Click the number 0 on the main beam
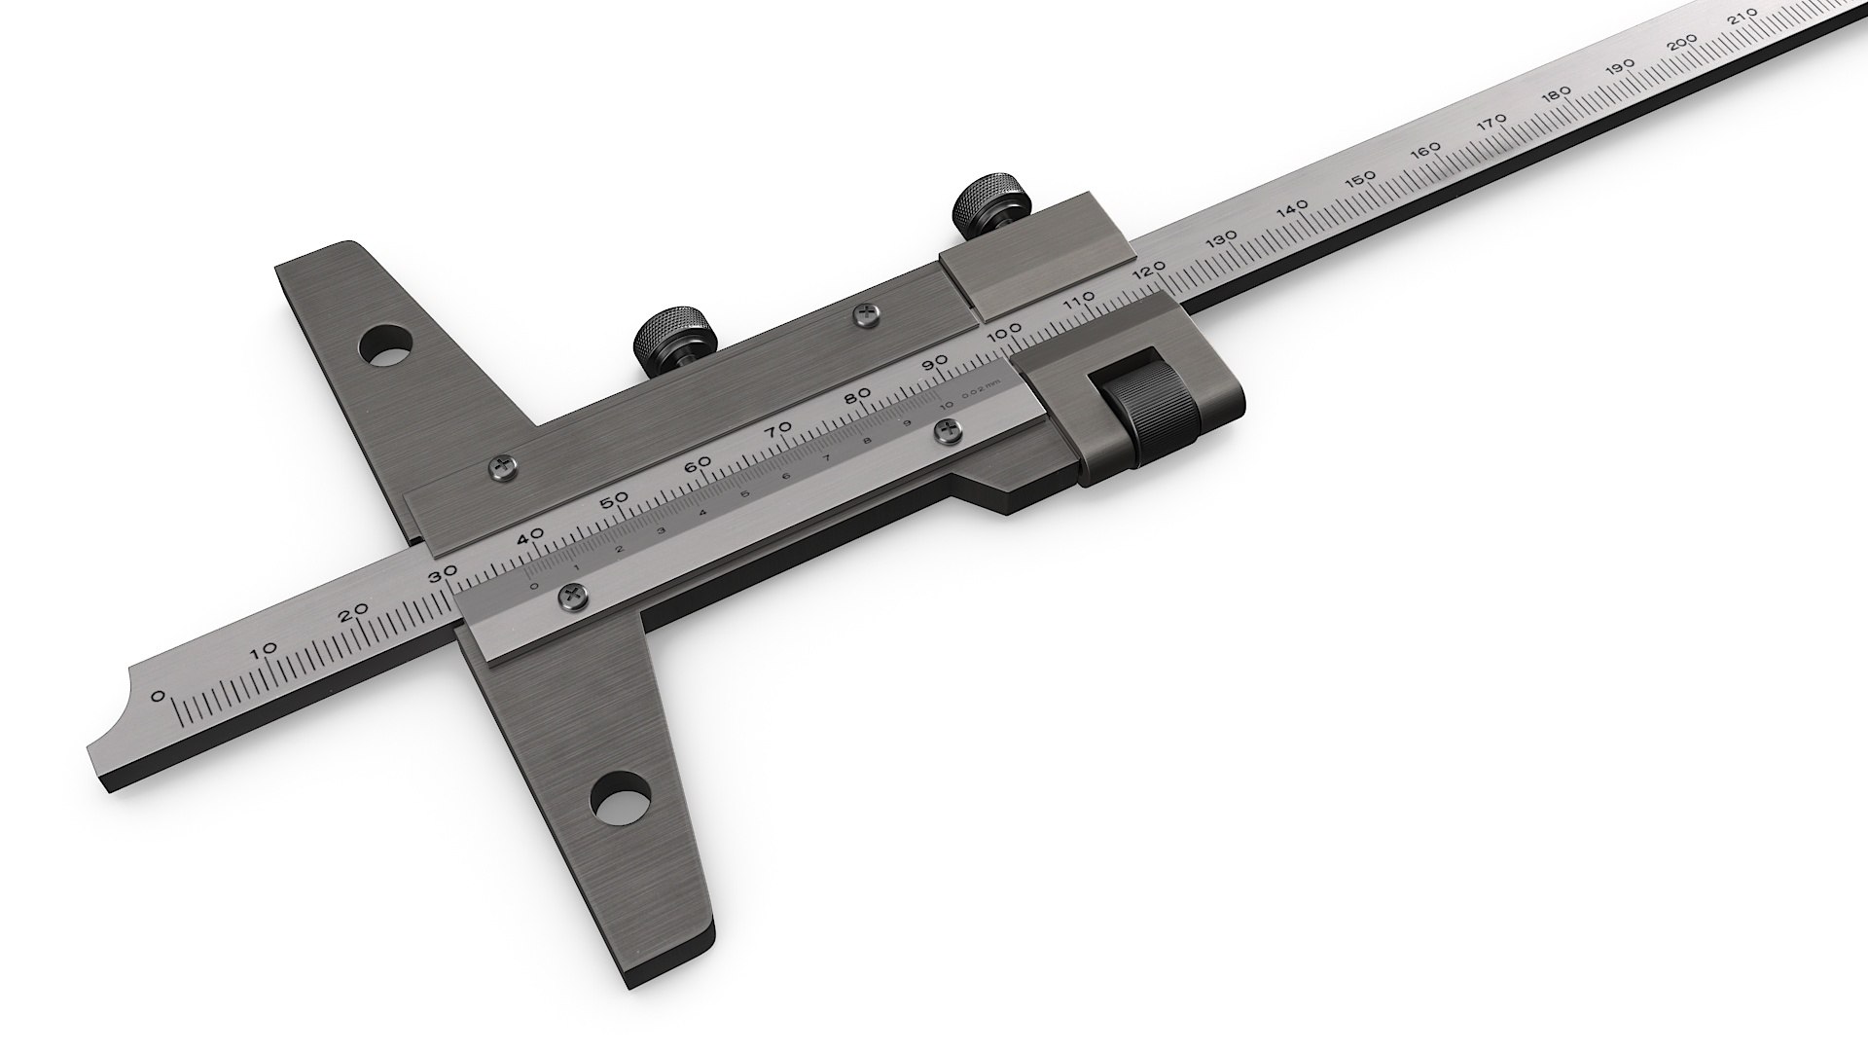pyautogui.click(x=158, y=696)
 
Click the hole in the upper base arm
pyautogui.click(x=385, y=344)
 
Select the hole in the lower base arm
pyautogui.click(x=621, y=797)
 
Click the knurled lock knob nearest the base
pyautogui.click(x=676, y=335)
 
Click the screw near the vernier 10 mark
pyautogui.click(x=947, y=431)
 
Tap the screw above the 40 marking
pyautogui.click(x=503, y=468)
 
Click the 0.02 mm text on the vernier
pyautogui.click(x=979, y=394)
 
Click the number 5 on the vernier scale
pyautogui.click(x=745, y=493)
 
